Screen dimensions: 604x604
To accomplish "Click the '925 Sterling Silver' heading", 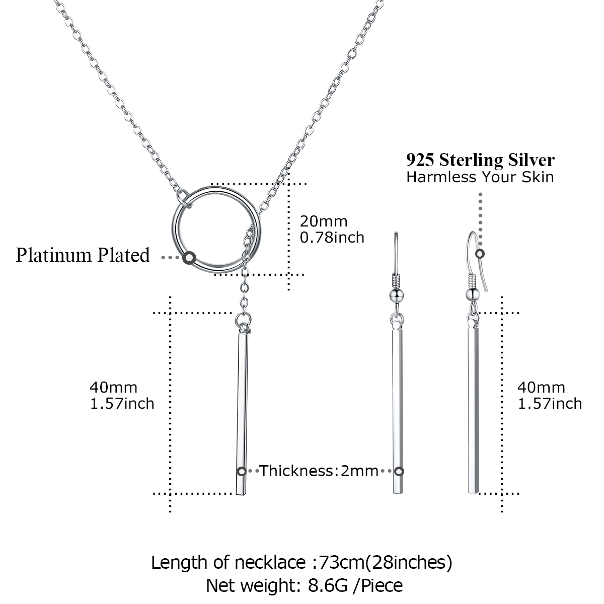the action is click(480, 160).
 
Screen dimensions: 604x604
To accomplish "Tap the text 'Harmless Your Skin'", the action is click(480, 177).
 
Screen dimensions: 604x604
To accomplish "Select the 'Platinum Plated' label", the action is click(83, 255).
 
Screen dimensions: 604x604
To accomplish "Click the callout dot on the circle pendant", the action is click(189, 258).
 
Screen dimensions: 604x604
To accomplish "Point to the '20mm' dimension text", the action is click(324, 221).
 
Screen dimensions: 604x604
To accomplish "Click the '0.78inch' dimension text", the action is click(332, 238).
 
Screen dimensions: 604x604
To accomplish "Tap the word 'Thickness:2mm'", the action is click(319, 471).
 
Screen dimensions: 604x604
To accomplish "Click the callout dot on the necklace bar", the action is click(242, 471).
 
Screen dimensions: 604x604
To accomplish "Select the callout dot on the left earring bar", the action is click(399, 471).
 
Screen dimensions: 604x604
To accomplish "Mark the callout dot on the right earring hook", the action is click(480, 254).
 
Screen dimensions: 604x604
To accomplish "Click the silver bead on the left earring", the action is click(397, 295).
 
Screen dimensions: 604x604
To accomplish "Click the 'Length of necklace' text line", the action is click(302, 563).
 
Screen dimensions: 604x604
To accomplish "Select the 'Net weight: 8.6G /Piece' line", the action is click(305, 585).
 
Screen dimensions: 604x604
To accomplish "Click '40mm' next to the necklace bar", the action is click(113, 388).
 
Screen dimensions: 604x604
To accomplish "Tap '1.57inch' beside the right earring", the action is click(550, 404).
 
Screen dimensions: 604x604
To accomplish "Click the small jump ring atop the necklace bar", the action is click(243, 320).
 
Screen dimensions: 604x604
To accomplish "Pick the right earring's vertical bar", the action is click(473, 410).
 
